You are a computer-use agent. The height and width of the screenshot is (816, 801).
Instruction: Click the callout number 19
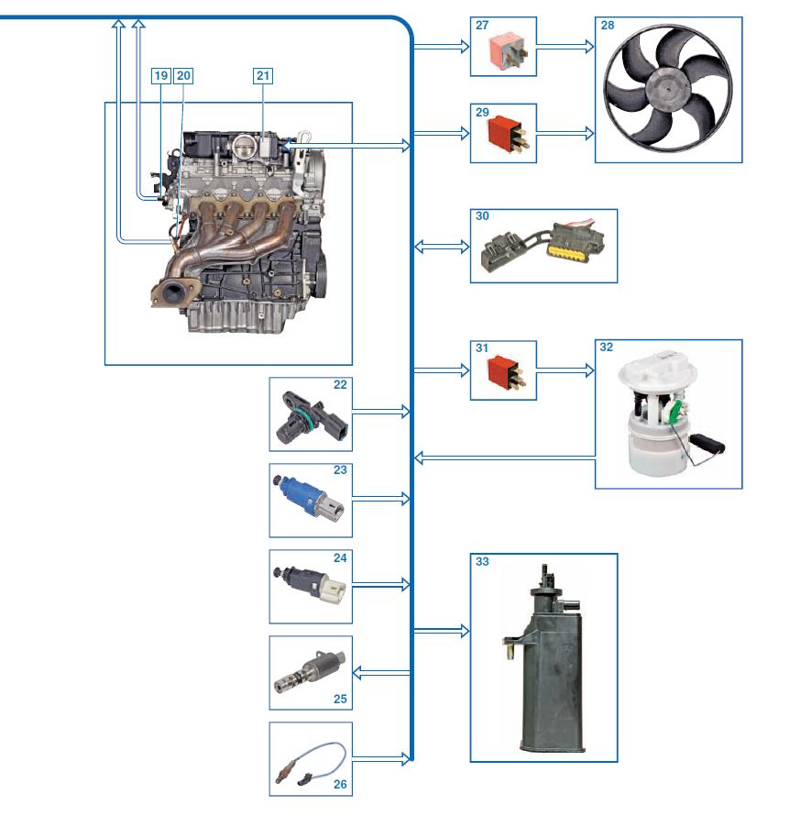pyautogui.click(x=160, y=76)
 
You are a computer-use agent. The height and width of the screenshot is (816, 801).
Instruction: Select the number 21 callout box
pyautogui.click(x=263, y=76)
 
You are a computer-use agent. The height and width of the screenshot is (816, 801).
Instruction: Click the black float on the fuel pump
pyautogui.click(x=708, y=445)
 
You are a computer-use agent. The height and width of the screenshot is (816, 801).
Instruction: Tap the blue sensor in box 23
pyautogui.click(x=308, y=498)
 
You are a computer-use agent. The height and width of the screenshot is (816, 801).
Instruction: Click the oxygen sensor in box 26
pyautogui.click(x=311, y=763)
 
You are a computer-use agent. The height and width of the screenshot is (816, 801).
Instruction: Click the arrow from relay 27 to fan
pyautogui.click(x=565, y=47)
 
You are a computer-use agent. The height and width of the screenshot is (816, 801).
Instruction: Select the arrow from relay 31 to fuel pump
pyautogui.click(x=565, y=370)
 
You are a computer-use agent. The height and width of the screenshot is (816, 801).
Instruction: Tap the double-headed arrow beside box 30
pyautogui.click(x=442, y=246)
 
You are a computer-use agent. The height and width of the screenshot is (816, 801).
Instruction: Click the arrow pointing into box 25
pyautogui.click(x=381, y=673)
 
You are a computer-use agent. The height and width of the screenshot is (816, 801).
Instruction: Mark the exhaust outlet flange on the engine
pyautogui.click(x=174, y=294)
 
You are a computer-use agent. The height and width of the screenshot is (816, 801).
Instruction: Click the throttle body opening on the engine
pyautogui.click(x=244, y=148)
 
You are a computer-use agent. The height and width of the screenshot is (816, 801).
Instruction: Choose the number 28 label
pyautogui.click(x=607, y=26)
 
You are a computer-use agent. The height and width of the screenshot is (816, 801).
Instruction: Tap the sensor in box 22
pyautogui.click(x=311, y=417)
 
